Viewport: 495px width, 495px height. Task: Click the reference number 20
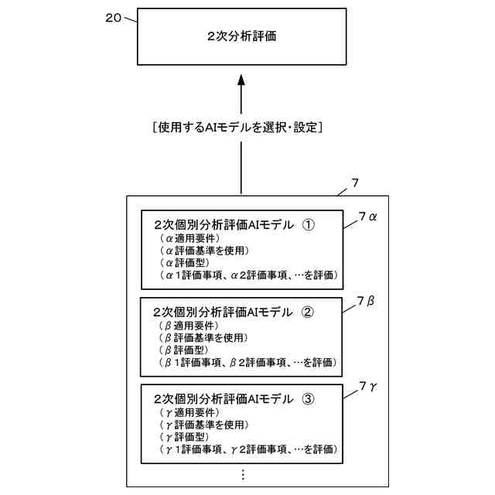click(x=114, y=17)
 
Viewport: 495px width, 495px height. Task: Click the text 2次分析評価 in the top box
click(x=241, y=36)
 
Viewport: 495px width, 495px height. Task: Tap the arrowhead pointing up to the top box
click(x=241, y=80)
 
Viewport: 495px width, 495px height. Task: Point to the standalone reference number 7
click(x=353, y=183)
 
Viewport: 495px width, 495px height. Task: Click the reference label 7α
click(x=367, y=218)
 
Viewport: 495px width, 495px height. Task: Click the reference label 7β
click(x=367, y=301)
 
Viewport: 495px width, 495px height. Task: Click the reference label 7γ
click(x=367, y=385)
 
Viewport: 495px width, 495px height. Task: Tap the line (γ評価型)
click(x=176, y=436)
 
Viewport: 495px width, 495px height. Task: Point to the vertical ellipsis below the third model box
click(x=242, y=473)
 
